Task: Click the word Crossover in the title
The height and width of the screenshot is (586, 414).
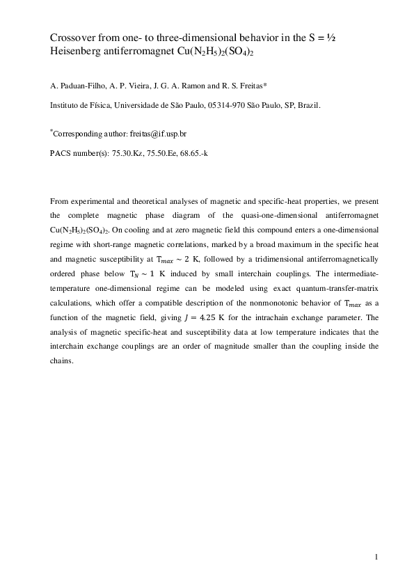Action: [74, 36]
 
